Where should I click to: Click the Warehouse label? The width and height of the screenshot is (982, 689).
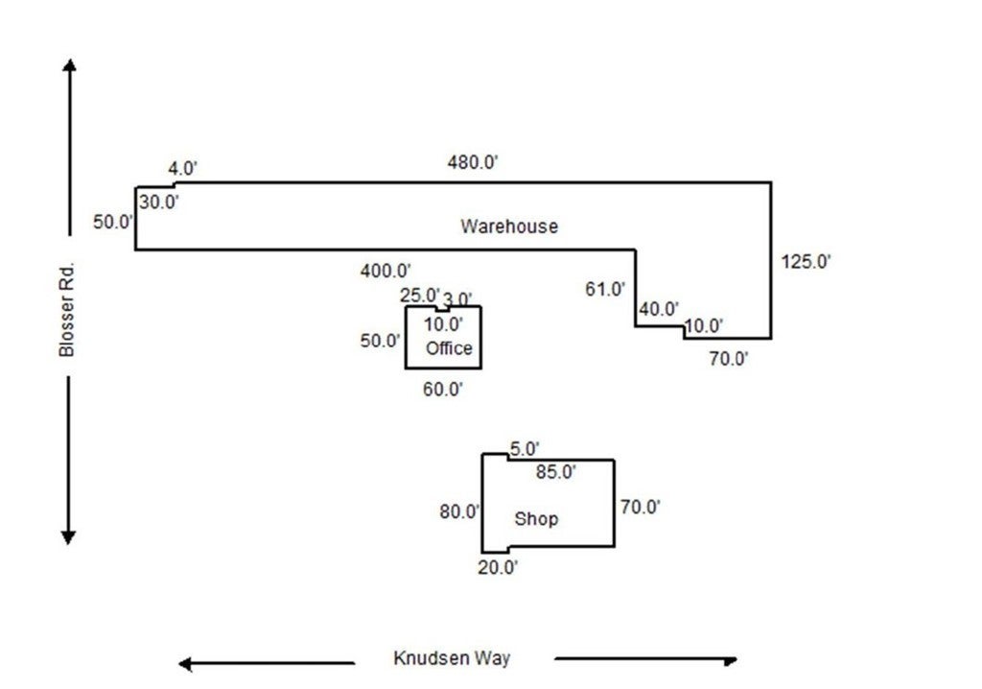click(x=509, y=227)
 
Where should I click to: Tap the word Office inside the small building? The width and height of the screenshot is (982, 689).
click(x=449, y=348)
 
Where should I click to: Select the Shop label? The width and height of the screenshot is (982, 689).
click(x=536, y=519)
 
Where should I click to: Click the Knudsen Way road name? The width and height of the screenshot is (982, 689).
click(x=452, y=658)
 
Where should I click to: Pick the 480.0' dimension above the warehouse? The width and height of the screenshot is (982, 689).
click(x=474, y=162)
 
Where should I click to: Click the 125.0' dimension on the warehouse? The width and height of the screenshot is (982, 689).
click(x=807, y=261)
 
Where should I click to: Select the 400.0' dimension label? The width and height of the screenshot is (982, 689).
click(x=386, y=272)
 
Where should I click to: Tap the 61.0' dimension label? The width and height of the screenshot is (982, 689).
click(x=605, y=288)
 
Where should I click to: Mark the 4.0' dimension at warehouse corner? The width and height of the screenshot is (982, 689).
click(x=183, y=169)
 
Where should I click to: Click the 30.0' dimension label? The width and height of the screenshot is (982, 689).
click(x=159, y=202)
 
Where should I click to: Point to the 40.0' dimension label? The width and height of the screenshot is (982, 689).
click(x=659, y=309)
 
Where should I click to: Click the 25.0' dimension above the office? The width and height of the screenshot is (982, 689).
click(x=419, y=295)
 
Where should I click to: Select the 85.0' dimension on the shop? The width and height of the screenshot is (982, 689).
click(x=555, y=472)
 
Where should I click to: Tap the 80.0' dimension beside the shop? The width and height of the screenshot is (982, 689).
click(x=459, y=512)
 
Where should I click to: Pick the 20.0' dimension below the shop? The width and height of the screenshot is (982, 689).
click(x=499, y=567)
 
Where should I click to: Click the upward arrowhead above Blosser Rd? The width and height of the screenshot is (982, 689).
click(x=69, y=65)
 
